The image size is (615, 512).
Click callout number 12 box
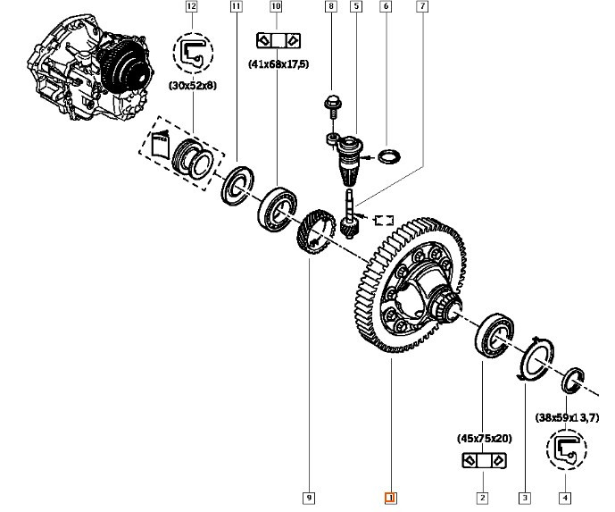[x=190, y=6]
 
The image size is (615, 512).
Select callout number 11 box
[x=235, y=6]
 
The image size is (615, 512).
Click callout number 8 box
[x=330, y=6]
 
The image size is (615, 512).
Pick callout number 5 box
[x=356, y=6]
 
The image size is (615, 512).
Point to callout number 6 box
[x=386, y=6]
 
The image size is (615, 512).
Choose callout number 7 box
[x=422, y=6]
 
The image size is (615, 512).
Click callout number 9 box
[x=309, y=498]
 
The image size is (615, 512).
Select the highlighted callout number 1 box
[x=389, y=498]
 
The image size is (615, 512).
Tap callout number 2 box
[x=482, y=498]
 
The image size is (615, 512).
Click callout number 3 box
[x=524, y=498]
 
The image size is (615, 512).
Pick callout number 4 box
[x=564, y=498]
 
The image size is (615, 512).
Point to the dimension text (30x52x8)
[x=193, y=85]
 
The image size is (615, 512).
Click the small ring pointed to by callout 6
[x=389, y=157]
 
